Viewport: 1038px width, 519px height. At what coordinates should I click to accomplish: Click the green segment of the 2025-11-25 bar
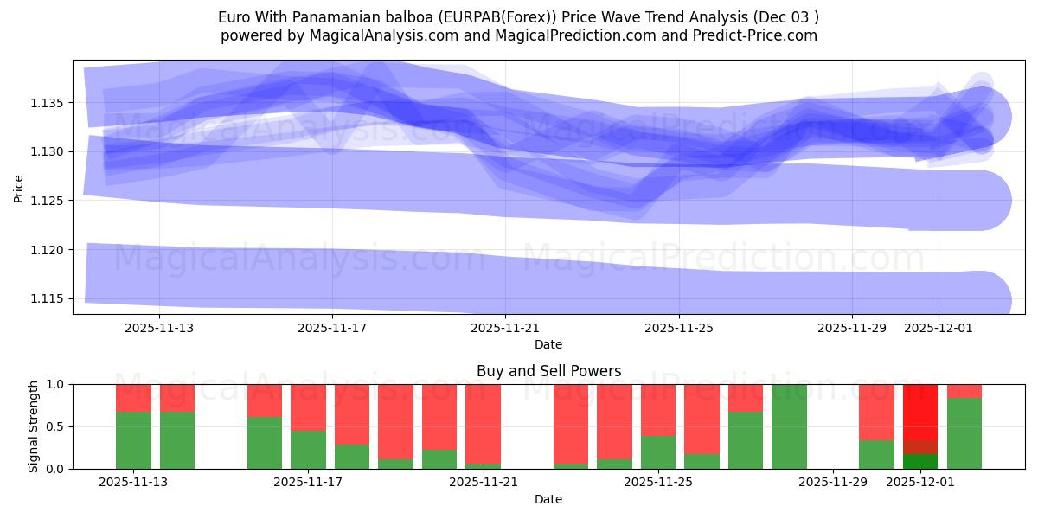658,452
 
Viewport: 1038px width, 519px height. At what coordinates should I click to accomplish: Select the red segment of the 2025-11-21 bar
483,424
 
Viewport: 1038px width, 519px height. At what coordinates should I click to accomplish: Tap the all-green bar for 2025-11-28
789,426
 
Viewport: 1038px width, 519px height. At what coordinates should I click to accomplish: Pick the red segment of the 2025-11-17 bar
308,407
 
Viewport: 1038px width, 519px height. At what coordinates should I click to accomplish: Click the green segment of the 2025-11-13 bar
133,440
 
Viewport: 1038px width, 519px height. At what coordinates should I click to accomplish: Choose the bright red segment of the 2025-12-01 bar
920,412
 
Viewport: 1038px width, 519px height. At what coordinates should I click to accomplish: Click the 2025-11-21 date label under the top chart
505,328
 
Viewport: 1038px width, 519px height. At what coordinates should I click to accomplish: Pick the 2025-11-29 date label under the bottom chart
832,483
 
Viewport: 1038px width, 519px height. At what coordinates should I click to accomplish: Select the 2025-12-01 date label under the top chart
939,328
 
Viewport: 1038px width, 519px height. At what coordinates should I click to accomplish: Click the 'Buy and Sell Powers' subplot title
548,371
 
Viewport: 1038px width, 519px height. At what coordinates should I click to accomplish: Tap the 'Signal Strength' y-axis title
33,426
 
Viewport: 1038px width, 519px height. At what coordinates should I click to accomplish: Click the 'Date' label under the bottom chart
548,499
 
